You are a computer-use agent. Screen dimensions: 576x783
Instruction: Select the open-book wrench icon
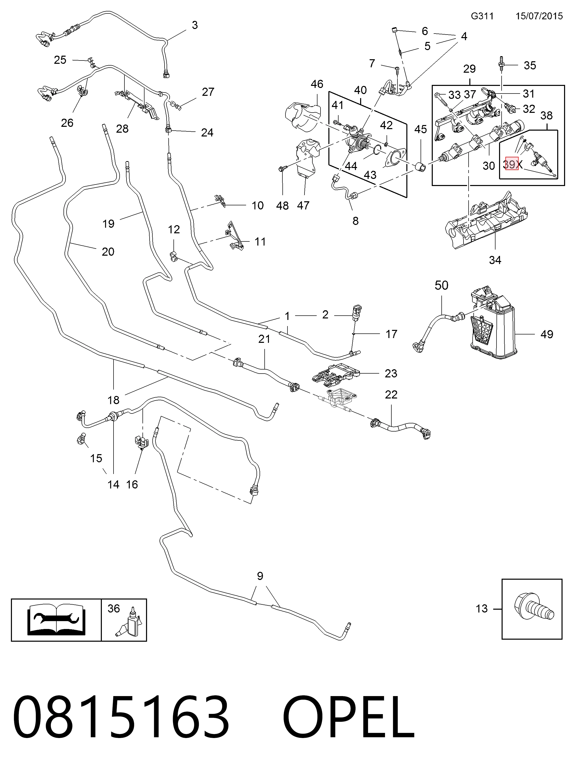(56, 620)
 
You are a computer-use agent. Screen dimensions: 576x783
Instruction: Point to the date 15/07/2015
(539, 16)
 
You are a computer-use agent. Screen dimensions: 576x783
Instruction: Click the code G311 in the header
(482, 16)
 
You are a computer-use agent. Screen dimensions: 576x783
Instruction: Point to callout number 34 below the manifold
(495, 260)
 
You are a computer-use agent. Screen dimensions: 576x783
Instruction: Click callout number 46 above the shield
(317, 84)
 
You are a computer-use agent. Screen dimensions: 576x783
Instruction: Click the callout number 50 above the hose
(441, 285)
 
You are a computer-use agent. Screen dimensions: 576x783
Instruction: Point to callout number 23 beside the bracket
(391, 373)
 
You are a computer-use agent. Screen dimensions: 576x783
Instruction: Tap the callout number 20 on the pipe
(108, 252)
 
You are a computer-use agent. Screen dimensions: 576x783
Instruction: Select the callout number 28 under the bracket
(122, 129)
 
